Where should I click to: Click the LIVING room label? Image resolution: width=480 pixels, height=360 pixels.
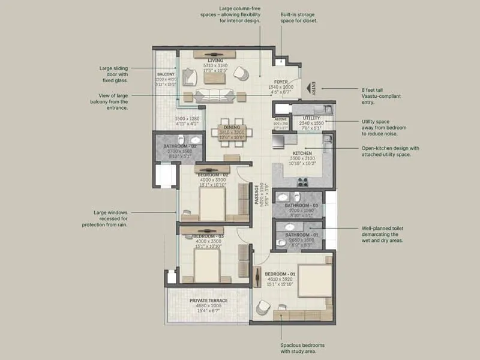[215, 61]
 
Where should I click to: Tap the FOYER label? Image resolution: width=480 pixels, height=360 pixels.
[281, 82]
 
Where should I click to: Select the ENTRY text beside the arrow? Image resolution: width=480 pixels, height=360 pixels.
[313, 88]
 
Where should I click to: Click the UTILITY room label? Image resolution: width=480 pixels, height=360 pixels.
[311, 118]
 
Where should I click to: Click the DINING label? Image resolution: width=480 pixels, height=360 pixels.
[232, 127]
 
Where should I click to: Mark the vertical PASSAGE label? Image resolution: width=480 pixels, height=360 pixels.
[257, 194]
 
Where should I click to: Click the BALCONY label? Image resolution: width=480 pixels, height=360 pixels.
[166, 74]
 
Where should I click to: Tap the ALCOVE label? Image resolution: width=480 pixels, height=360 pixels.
[280, 119]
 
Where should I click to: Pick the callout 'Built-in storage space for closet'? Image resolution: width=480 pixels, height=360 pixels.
[298, 17]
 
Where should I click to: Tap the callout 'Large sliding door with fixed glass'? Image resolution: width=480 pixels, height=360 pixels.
[114, 74]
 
